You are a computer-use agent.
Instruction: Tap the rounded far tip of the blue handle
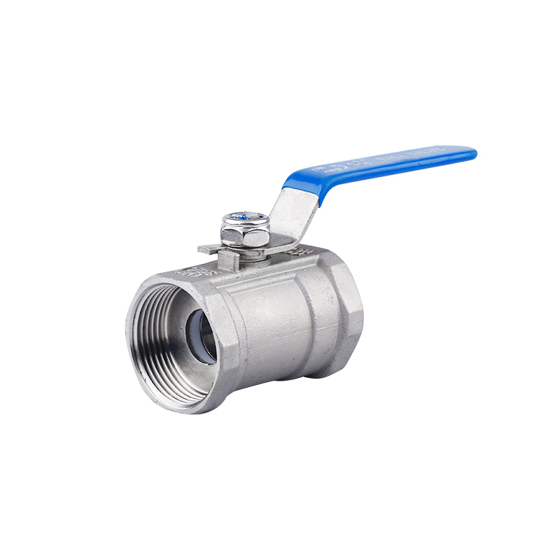470,152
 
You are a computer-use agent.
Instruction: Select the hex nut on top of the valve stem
245,230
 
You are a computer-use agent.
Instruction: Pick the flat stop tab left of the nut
209,248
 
